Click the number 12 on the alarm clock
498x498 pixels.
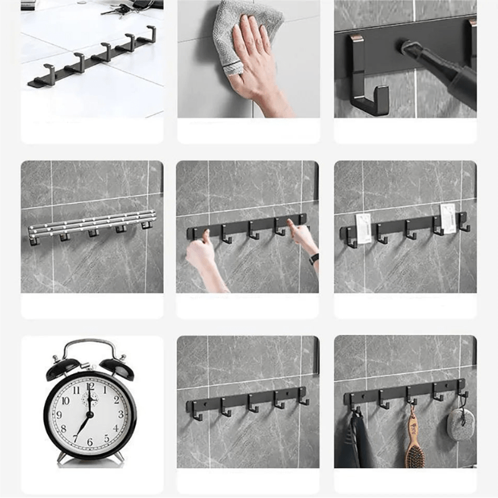(90, 387)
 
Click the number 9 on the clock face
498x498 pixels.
(59, 415)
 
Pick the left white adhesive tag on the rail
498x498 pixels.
(364, 228)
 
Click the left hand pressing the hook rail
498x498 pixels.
(200, 253)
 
